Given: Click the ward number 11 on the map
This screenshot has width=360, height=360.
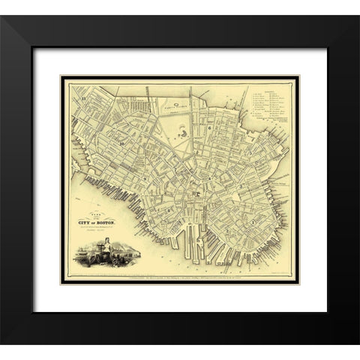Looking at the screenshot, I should click(86, 99).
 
